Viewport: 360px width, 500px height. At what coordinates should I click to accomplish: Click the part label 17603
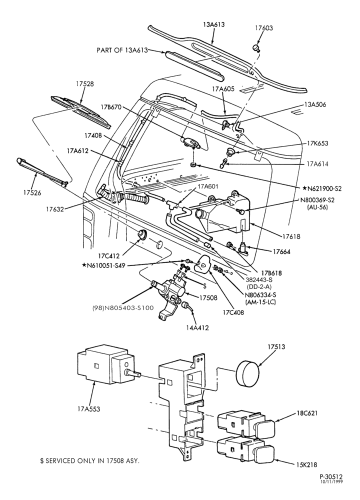(263, 28)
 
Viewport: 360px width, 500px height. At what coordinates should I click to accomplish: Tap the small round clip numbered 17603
(256, 48)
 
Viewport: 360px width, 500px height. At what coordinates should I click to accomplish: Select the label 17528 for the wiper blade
(85, 84)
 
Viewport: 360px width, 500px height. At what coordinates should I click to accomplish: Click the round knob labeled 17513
(247, 373)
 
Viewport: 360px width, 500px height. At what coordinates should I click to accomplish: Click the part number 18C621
(306, 413)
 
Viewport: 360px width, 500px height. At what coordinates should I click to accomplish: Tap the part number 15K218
(306, 465)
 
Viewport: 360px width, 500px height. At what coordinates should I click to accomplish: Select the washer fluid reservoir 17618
(223, 211)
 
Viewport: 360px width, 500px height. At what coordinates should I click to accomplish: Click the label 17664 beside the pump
(281, 251)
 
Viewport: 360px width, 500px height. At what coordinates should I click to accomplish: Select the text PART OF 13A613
(122, 50)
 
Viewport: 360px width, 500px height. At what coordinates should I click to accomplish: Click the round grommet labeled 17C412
(142, 235)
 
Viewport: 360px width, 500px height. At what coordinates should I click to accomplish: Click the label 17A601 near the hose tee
(208, 186)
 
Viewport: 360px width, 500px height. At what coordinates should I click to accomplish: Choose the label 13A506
(315, 104)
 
